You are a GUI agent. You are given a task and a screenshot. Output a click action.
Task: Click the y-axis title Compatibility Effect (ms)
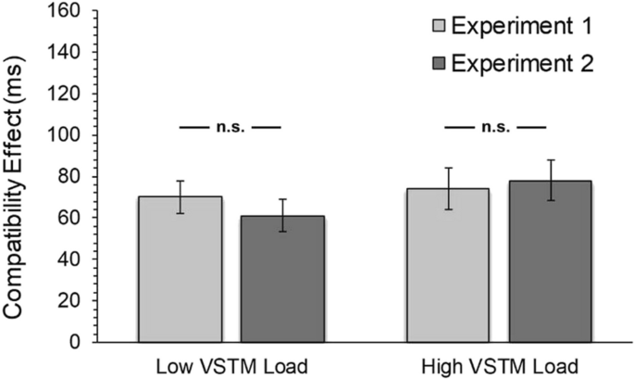pyautogui.click(x=18, y=176)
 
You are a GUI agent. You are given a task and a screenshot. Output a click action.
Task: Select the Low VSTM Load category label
pyautogui.click(x=231, y=365)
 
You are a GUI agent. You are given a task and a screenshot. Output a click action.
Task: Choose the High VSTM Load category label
pyautogui.click(x=498, y=365)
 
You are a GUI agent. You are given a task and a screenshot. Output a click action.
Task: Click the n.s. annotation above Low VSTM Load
pyautogui.click(x=231, y=128)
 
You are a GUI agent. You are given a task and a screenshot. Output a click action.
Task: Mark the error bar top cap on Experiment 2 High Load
pyautogui.click(x=550, y=160)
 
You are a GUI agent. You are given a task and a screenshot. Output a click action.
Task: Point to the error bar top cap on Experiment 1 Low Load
pyautogui.click(x=180, y=181)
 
